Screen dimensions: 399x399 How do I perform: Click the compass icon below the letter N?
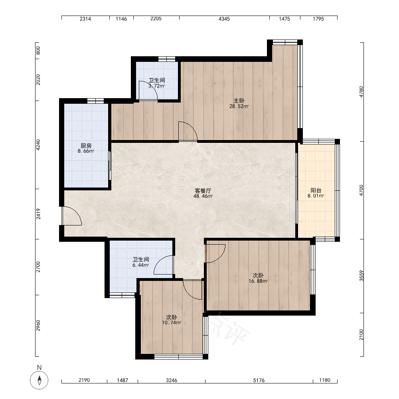pyautogui.click(x=39, y=380)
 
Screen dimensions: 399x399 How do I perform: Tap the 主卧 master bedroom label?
pyautogui.click(x=239, y=101)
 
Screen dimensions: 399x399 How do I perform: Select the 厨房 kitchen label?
pyautogui.click(x=86, y=146)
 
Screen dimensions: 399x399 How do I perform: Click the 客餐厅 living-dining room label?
pyautogui.click(x=203, y=191)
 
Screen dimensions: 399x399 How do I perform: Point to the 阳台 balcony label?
pyautogui.click(x=316, y=190)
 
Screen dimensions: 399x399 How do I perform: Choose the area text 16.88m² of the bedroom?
pyautogui.click(x=258, y=281)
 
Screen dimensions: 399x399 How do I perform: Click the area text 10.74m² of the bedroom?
pyautogui.click(x=172, y=323)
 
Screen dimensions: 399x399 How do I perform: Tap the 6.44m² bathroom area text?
pyautogui.click(x=141, y=265)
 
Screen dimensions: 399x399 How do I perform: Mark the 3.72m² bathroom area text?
pyautogui.click(x=157, y=86)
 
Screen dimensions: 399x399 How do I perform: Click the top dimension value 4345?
pyautogui.click(x=224, y=19)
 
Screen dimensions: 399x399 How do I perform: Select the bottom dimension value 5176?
pyautogui.click(x=259, y=380)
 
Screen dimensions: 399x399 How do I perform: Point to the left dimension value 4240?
pyautogui.click(x=38, y=145)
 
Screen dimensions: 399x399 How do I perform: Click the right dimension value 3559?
pyautogui.click(x=361, y=276)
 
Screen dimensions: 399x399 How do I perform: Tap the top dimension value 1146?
pyautogui.click(x=121, y=19)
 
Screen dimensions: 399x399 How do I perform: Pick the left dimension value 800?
pyautogui.click(x=38, y=50)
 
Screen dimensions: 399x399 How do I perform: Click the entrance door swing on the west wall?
pyautogui.click(x=72, y=216)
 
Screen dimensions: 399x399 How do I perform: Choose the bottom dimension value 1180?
pyautogui.click(x=325, y=380)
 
